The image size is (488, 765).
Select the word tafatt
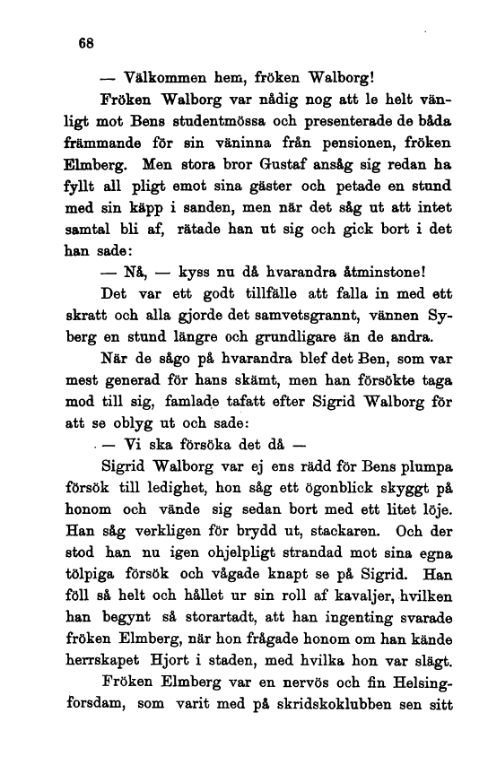pos(229,401)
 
